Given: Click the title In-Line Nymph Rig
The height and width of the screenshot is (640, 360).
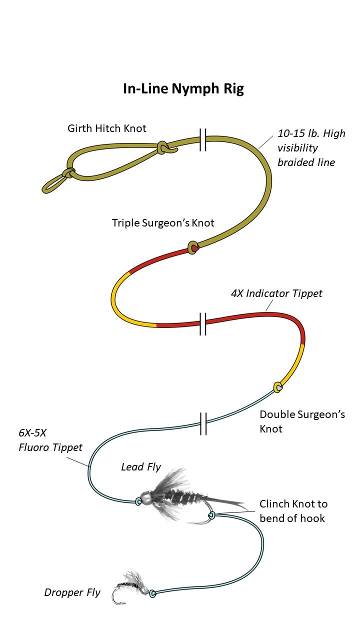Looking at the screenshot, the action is click(183, 89).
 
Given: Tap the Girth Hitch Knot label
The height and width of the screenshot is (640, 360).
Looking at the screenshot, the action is click(107, 128).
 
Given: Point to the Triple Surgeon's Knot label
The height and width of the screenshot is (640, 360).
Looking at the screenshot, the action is click(163, 223).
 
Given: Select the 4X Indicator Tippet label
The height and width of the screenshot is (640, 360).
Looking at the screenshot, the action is click(276, 293).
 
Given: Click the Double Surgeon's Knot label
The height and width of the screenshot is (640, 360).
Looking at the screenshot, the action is click(302, 421).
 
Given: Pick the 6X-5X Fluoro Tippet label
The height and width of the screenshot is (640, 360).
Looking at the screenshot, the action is click(50, 441).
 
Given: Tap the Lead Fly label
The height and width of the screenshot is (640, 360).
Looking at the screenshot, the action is click(141, 467).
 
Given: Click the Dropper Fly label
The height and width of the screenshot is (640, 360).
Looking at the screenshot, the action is click(72, 592).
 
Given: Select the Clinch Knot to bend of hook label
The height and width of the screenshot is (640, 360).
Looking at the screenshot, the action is click(293, 510).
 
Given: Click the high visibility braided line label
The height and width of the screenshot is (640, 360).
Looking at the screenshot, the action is click(311, 148).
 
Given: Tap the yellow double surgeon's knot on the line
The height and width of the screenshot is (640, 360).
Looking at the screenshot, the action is click(278, 386).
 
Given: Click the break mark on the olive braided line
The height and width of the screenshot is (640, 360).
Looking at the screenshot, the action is click(202, 139).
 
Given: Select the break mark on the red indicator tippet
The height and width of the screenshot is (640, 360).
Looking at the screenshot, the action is click(202, 323).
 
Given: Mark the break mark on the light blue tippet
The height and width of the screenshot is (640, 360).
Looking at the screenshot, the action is click(202, 423).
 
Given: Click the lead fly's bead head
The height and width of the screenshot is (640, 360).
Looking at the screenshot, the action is click(146, 498).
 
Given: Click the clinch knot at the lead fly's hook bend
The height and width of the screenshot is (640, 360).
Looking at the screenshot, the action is click(211, 515).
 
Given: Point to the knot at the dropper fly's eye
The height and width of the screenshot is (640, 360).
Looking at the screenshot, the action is click(152, 593).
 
